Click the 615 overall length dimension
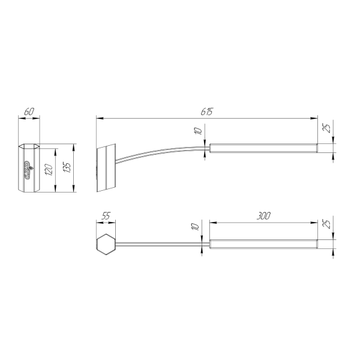207,112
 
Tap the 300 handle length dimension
263,216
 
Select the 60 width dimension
29,112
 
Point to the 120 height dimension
49,170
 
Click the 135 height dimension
67,168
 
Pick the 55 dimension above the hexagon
106,216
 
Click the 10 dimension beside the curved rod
198,131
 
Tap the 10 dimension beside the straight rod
195,226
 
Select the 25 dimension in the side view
327,128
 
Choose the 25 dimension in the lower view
327,224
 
